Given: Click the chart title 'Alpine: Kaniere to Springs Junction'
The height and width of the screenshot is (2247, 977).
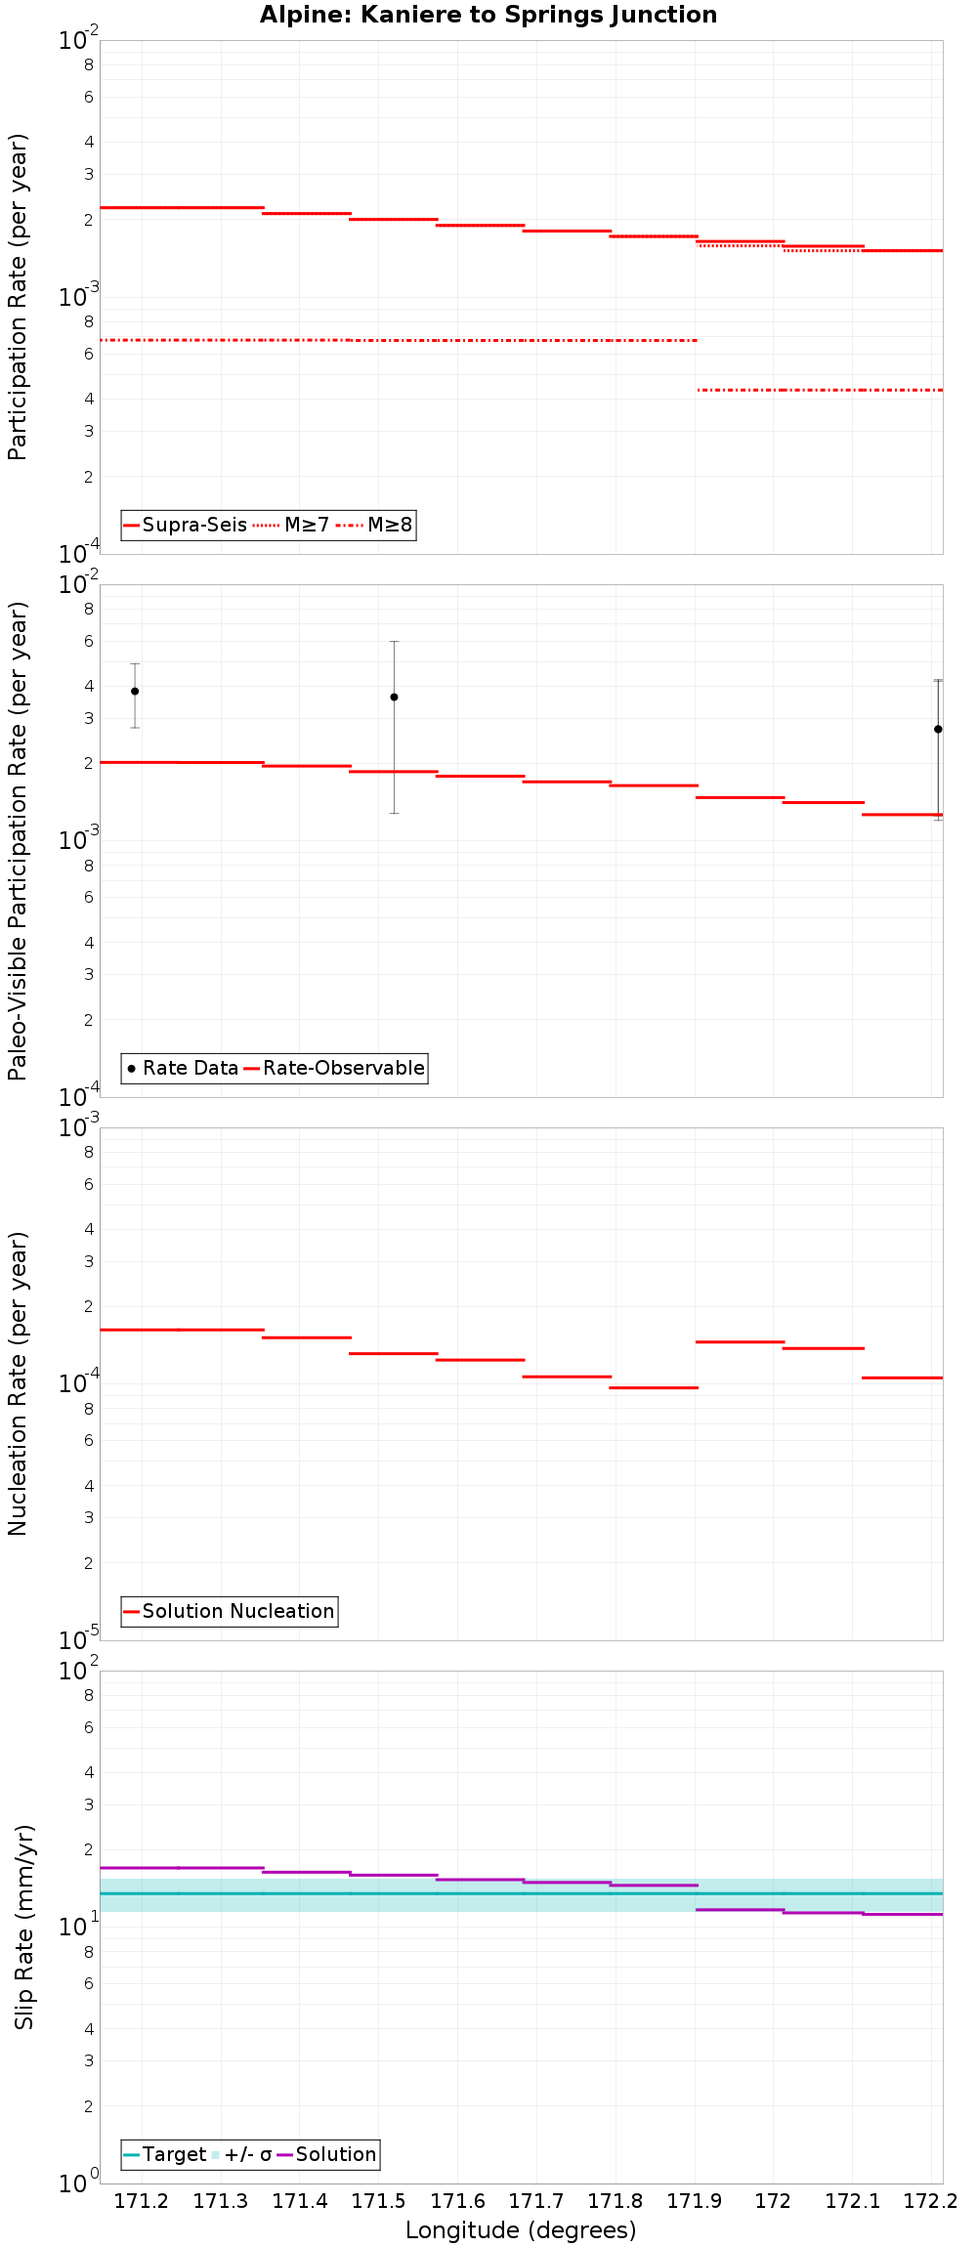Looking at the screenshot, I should pos(488,15).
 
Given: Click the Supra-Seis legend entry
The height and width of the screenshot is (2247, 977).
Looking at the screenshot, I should pos(186,526).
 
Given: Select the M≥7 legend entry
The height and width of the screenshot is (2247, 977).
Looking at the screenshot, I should pos(293,526).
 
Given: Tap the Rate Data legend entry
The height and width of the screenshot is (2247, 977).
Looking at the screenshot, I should pos(183,1069).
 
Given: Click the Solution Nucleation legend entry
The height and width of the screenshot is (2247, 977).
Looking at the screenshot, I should pos(230,1612).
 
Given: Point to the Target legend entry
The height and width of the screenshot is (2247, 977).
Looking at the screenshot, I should pos(165,2155).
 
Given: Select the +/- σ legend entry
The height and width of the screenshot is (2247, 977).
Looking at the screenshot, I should pos(241,2155).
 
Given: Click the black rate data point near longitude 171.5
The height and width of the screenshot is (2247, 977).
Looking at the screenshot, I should pos(394,698).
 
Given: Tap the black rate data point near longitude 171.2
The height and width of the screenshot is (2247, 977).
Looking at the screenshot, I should pos(135,692).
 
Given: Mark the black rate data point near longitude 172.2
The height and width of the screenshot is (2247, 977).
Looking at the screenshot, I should pos(938,730).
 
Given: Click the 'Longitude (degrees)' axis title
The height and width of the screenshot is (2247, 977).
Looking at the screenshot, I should pos(521,2230).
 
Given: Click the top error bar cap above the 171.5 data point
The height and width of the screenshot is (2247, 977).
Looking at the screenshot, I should pos(394,642).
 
